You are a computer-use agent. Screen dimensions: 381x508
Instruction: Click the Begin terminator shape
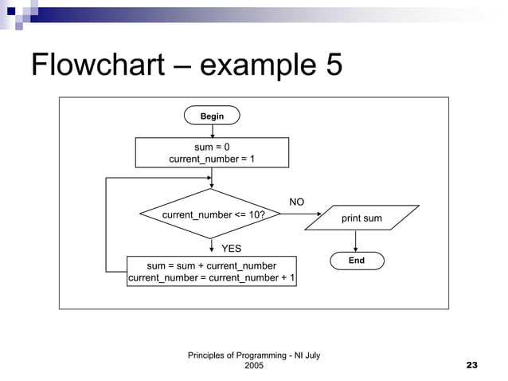(x=212, y=116)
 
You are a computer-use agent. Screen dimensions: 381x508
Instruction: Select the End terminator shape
(x=356, y=261)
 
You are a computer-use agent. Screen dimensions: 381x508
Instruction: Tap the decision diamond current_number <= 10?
(x=212, y=214)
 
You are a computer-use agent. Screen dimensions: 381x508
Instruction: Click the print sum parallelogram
(x=361, y=218)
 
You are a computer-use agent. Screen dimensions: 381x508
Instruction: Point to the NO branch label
(x=296, y=202)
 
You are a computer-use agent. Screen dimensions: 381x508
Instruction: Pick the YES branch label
(x=231, y=249)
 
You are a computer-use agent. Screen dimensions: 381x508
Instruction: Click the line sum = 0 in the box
(x=212, y=147)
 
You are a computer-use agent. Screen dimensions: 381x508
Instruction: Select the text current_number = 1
(x=212, y=159)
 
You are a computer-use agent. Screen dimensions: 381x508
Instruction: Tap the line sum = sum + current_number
(x=212, y=265)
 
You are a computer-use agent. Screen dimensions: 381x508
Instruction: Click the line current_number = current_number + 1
(x=212, y=278)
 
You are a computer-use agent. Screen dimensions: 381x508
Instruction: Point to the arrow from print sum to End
(x=356, y=241)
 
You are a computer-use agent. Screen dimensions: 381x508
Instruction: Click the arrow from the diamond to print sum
(x=303, y=214)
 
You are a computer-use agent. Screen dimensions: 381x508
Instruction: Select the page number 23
(x=471, y=365)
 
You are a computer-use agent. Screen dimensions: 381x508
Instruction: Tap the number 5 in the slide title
(x=332, y=65)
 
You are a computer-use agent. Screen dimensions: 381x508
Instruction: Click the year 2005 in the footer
(x=254, y=365)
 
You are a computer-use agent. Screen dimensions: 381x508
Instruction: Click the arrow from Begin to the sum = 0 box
(x=212, y=132)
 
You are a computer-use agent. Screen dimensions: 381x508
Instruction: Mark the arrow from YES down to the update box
(x=212, y=247)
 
